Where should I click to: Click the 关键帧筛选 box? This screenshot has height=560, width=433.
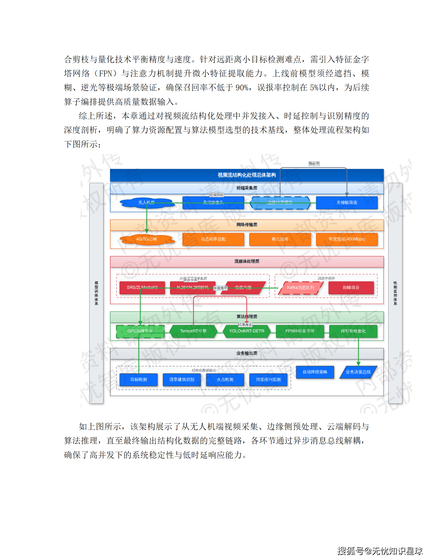pyautogui.click(x=347, y=203)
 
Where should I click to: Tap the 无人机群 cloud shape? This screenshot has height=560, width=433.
pyautogui.click(x=146, y=203)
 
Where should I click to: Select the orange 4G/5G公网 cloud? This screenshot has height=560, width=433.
pyautogui.click(x=146, y=239)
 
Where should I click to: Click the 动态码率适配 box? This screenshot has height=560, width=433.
pyautogui.click(x=213, y=239)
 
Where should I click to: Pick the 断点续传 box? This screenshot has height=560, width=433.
pyautogui.click(x=280, y=239)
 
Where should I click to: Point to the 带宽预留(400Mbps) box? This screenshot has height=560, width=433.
pyautogui.click(x=347, y=239)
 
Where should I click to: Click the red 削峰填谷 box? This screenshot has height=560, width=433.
pyautogui.click(x=351, y=288)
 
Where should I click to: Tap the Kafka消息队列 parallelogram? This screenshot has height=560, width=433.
pyautogui.click(x=300, y=288)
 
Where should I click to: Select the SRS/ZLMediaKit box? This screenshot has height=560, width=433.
pyautogui.click(x=142, y=288)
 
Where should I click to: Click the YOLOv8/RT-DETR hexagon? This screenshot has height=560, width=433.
pyautogui.click(x=246, y=331)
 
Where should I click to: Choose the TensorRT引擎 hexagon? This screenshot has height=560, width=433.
pyautogui.click(x=193, y=331)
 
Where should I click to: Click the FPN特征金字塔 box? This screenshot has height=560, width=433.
pyautogui.click(x=300, y=331)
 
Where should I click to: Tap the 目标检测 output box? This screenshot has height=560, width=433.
pyautogui.click(x=138, y=380)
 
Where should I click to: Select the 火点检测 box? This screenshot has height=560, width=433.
pyautogui.click(x=225, y=380)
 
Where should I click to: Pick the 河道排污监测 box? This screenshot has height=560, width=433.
pyautogui.click(x=268, y=380)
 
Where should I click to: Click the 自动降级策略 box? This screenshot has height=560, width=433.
pyautogui.click(x=315, y=372)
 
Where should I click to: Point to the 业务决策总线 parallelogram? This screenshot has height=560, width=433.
pyautogui.click(x=358, y=372)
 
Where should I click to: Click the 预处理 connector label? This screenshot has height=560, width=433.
pyautogui.click(x=314, y=164)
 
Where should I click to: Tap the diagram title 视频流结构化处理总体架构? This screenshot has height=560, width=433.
pyautogui.click(x=246, y=175)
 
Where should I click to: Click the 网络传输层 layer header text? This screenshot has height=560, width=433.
pyautogui.click(x=246, y=225)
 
